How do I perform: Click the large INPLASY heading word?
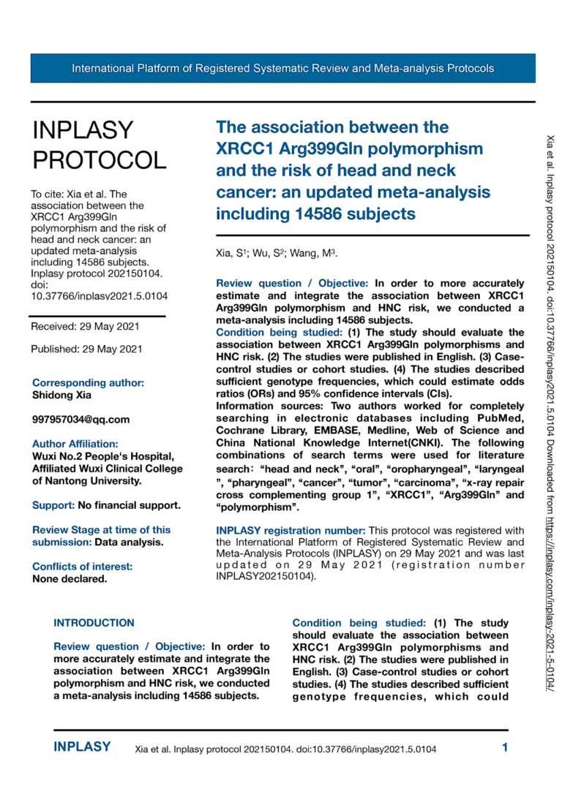coord(83,130)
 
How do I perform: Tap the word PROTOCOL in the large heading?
coord(100,160)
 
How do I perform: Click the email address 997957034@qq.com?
coord(80,419)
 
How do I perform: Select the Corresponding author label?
coord(88,382)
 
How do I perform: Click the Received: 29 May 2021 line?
coord(85,326)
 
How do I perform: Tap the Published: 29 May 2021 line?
coord(87,349)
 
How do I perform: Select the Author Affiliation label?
coord(75,443)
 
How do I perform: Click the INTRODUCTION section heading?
coord(94,623)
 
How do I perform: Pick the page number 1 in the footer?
coord(505,747)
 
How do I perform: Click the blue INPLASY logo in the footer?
coord(83,747)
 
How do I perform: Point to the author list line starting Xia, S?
coord(275,254)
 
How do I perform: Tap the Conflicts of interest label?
coord(82,566)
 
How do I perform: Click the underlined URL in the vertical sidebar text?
coord(549,599)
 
